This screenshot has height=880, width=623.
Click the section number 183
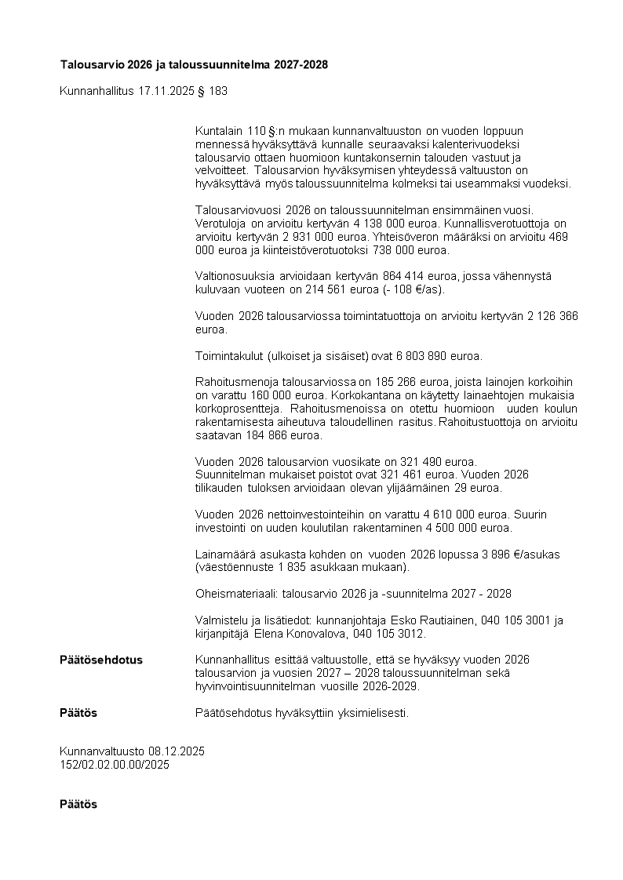click(218, 91)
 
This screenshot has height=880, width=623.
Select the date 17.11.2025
click(166, 91)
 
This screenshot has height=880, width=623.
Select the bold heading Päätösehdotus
click(101, 660)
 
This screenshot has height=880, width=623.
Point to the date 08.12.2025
click(176, 751)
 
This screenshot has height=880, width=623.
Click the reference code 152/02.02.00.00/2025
click(115, 764)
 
